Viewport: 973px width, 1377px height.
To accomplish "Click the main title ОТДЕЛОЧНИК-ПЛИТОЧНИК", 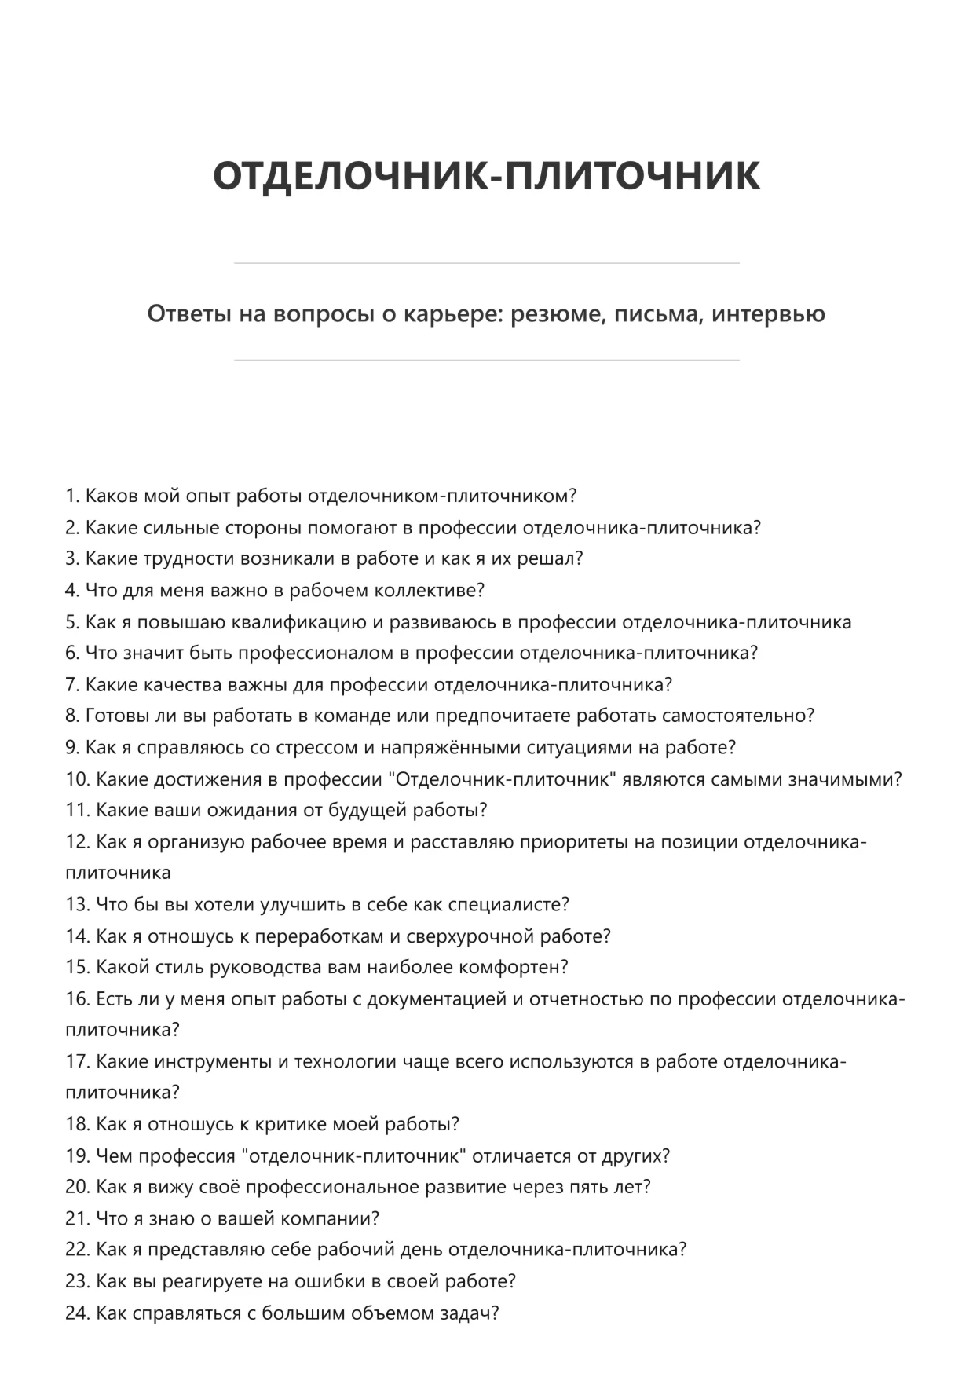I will [x=486, y=175].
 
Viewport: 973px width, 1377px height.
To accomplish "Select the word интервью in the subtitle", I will [x=768, y=314].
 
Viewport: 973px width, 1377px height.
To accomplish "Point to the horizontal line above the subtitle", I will [x=486, y=263].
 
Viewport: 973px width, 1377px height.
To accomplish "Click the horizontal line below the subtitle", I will [x=486, y=361].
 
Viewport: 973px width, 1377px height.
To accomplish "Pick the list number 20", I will [x=77, y=1187].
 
